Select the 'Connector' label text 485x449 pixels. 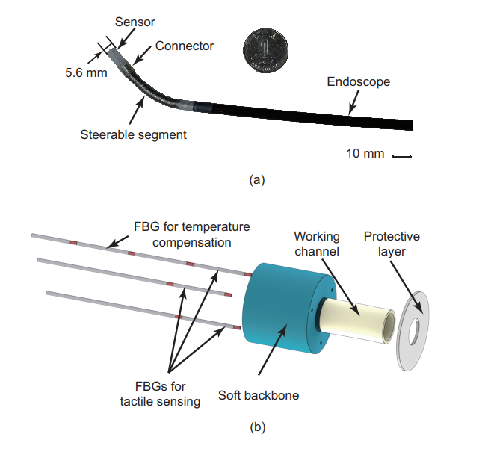(x=184, y=46)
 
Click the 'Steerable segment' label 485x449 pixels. (x=133, y=134)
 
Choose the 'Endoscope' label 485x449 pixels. (x=359, y=81)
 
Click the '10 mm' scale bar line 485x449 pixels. (x=402, y=157)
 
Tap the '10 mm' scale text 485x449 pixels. (x=365, y=154)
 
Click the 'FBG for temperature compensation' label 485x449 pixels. (x=192, y=234)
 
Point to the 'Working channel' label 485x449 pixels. (x=317, y=244)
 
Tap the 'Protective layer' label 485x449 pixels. (x=392, y=244)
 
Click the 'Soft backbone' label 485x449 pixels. (x=259, y=394)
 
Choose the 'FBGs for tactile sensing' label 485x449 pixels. (x=160, y=394)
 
